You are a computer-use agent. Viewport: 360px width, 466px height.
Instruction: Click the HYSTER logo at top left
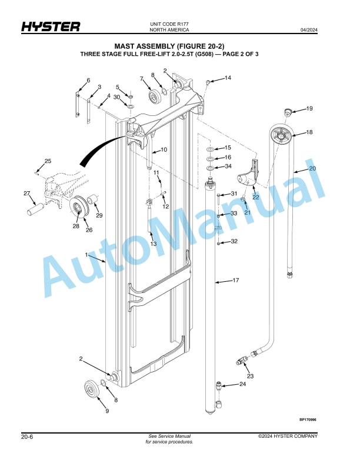(x=51, y=26)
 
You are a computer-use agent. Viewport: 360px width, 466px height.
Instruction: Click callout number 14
(x=228, y=78)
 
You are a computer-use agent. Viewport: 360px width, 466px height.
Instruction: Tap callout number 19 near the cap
(x=309, y=108)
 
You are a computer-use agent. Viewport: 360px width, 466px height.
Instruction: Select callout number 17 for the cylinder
(x=235, y=280)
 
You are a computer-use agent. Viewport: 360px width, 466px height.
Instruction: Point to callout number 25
(x=48, y=161)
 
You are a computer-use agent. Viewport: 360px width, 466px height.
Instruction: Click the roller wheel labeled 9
(x=91, y=388)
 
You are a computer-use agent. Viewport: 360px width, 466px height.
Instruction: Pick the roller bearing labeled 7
(x=155, y=96)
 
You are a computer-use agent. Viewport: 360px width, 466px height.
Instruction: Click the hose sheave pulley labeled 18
(x=281, y=135)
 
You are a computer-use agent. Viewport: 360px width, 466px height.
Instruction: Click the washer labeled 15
(x=210, y=149)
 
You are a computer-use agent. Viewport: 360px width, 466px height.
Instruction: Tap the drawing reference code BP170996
(x=308, y=420)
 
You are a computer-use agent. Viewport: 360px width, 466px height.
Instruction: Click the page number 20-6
(x=27, y=437)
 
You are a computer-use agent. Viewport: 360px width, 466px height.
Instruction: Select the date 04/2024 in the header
(x=309, y=30)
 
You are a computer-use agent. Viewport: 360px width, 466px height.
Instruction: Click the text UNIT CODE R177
(x=169, y=24)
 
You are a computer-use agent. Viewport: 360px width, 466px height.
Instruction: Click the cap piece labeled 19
(x=287, y=112)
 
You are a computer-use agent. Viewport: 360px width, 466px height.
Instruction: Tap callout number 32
(x=234, y=241)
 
